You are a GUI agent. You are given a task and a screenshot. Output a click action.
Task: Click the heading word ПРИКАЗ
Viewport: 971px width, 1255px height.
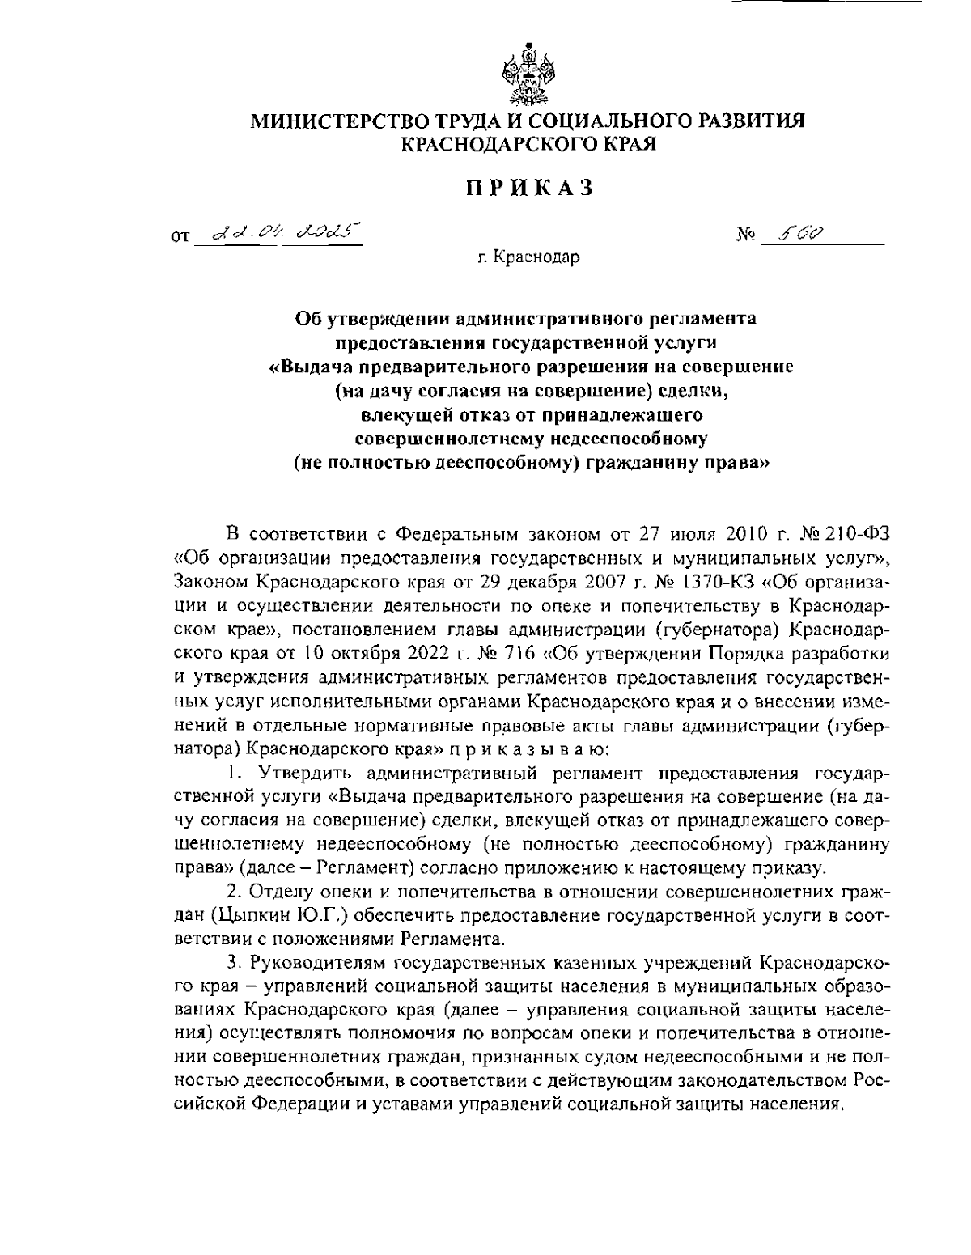(528, 189)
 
